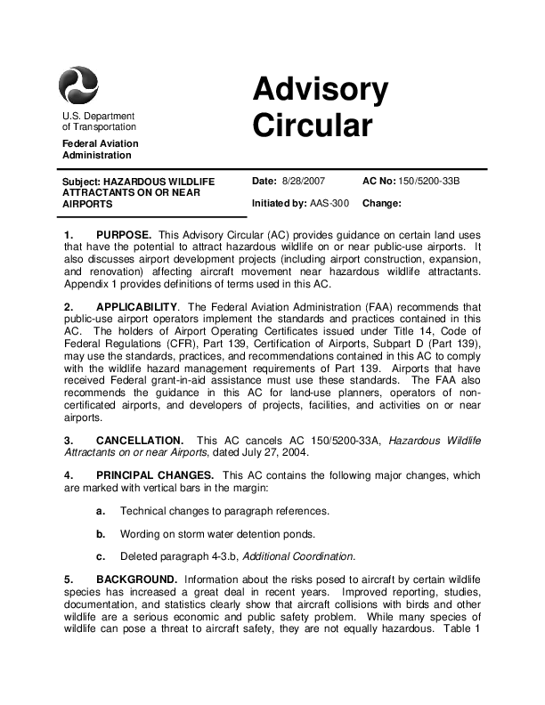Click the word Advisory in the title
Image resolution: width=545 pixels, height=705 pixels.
pos(320,90)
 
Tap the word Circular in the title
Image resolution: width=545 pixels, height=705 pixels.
pos(311,126)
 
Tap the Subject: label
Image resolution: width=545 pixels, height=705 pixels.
pos(81,182)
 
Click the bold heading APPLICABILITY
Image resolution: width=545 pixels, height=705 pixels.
pos(139,307)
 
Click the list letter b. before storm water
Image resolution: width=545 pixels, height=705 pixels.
pos(102,534)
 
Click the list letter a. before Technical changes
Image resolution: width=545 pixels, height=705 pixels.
pos(102,511)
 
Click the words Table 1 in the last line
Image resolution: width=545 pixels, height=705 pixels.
pos(462,628)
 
